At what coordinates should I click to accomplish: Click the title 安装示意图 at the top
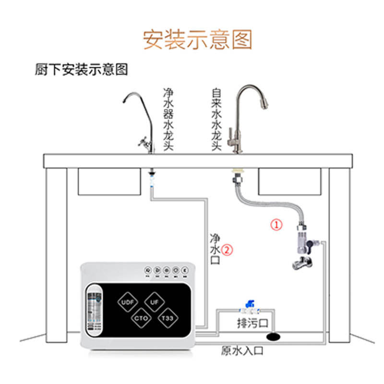click(197, 39)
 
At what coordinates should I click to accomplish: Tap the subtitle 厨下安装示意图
click(82, 70)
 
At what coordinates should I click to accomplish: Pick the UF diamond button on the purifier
click(155, 303)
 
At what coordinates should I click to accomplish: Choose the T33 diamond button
click(168, 318)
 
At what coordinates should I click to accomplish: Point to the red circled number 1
click(276, 224)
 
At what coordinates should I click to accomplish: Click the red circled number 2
click(227, 250)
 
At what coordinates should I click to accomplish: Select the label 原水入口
click(242, 351)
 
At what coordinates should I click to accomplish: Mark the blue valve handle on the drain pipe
click(249, 304)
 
